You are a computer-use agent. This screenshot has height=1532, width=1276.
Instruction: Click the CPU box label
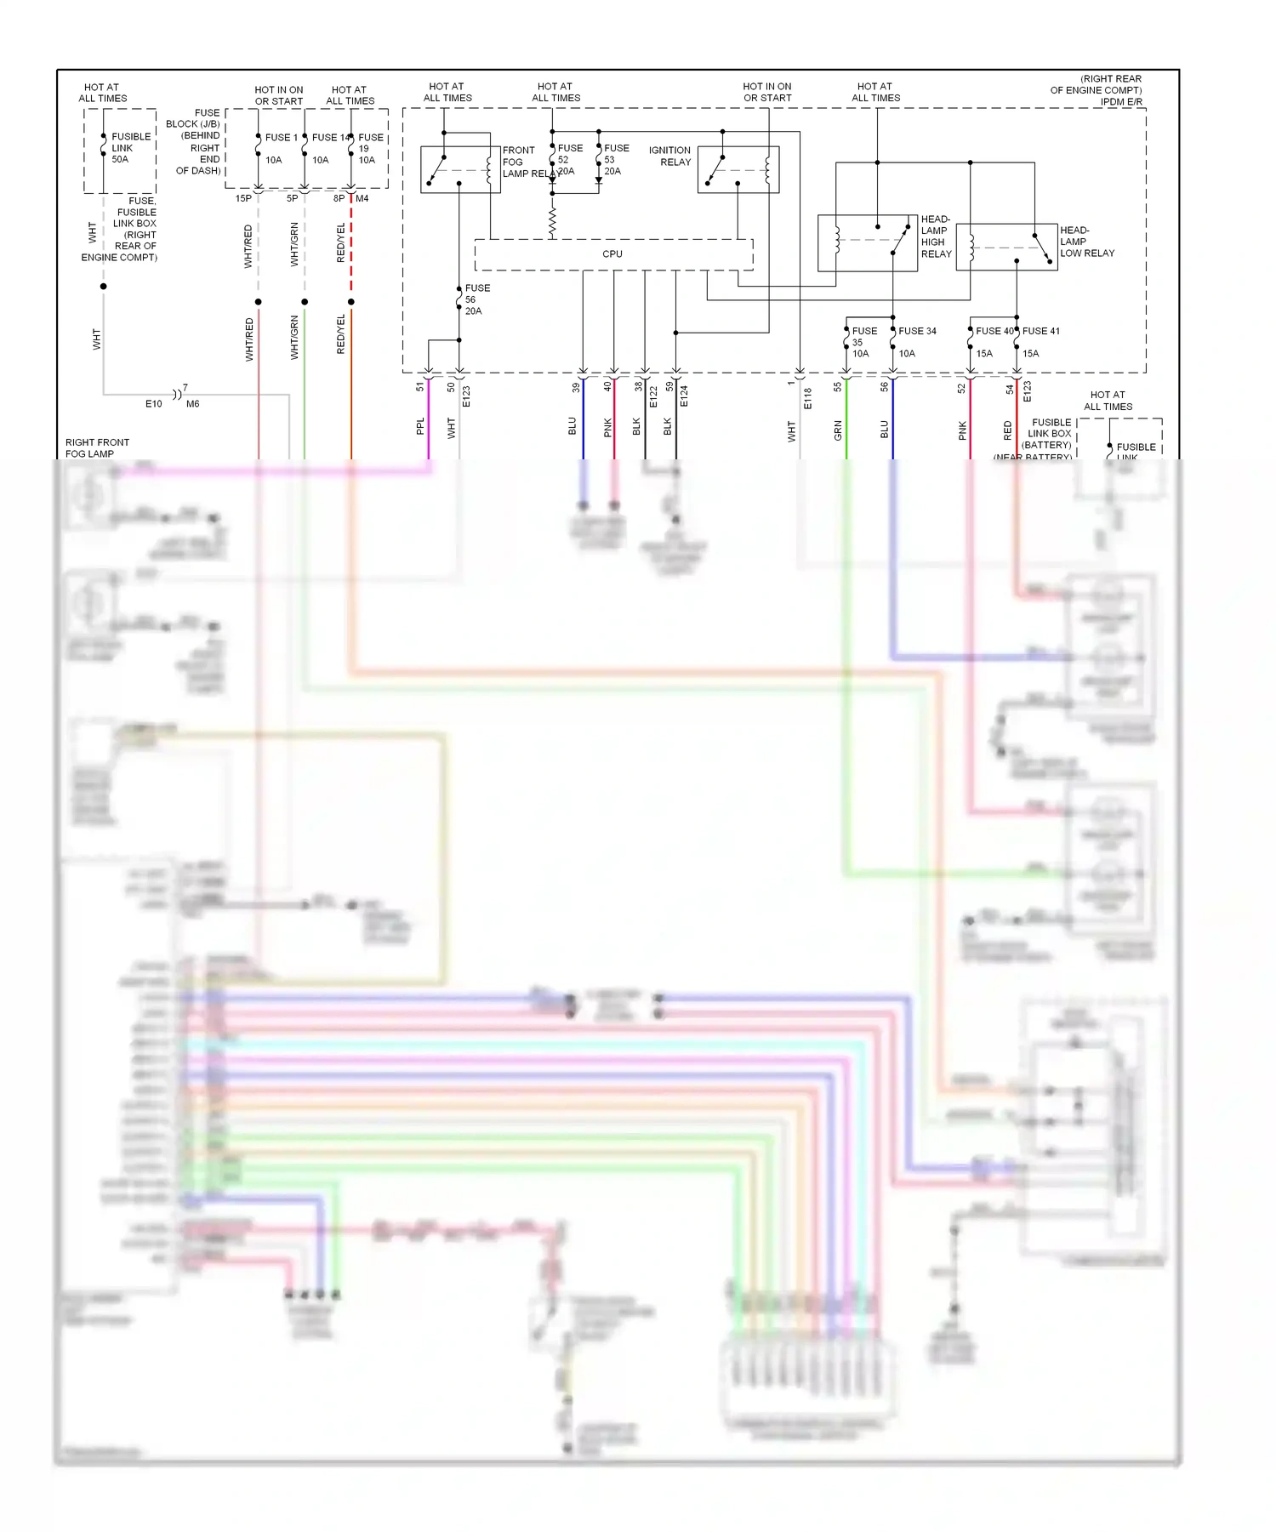point(612,254)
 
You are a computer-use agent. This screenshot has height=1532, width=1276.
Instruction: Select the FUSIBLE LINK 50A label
point(130,148)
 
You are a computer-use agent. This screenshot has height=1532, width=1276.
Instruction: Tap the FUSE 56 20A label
point(476,299)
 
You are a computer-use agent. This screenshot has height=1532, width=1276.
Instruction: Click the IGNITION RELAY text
point(669,157)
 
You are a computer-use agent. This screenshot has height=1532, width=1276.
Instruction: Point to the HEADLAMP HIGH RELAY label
point(935,236)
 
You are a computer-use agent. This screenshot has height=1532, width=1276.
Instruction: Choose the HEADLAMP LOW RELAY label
point(1086,242)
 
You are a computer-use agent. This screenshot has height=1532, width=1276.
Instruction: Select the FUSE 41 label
point(1040,332)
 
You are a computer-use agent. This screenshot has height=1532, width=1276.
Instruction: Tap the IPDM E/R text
point(1120,102)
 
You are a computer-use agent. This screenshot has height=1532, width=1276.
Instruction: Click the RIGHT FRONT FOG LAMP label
point(97,448)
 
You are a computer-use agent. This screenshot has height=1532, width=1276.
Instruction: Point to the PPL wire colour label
point(420,426)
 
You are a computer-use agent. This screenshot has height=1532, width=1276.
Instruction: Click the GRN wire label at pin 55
point(838,430)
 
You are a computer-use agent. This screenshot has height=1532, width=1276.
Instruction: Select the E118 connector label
point(807,398)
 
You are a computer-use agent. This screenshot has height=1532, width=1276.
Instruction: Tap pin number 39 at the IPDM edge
point(576,387)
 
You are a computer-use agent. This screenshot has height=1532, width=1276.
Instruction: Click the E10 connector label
point(153,404)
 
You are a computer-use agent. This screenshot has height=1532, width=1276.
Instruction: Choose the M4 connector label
point(362,199)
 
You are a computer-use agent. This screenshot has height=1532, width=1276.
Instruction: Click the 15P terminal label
point(243,199)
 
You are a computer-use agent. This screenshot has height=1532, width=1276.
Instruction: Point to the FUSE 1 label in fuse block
point(281,138)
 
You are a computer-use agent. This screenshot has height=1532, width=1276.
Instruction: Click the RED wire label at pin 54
point(1008,430)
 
